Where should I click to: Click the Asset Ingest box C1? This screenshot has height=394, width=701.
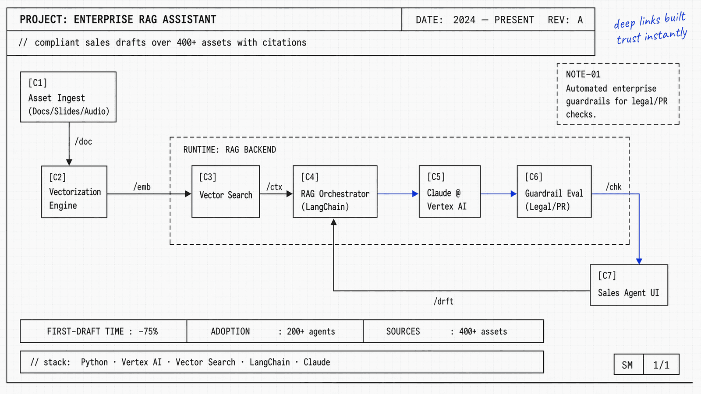click(x=68, y=97)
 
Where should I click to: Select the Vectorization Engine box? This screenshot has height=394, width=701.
click(x=74, y=192)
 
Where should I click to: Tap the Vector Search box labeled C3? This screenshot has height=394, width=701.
click(x=226, y=192)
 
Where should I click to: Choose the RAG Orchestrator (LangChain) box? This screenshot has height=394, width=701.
click(x=335, y=192)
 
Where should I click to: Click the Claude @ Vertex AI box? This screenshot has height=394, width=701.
click(x=450, y=192)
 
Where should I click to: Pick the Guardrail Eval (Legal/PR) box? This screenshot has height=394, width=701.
click(x=554, y=192)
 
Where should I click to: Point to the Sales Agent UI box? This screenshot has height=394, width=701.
click(x=629, y=285)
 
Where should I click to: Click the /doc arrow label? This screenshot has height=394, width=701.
click(x=83, y=141)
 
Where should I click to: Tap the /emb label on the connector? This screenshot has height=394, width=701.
click(x=142, y=187)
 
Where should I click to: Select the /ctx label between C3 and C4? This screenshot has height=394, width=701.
click(x=275, y=187)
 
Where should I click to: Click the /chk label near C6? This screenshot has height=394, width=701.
click(x=613, y=187)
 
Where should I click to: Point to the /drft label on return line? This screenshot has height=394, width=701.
click(x=443, y=301)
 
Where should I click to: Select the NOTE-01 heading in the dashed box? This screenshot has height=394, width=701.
click(x=583, y=74)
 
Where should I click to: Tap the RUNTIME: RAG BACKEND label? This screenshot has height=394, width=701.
click(x=230, y=150)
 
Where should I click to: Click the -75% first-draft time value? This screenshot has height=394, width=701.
click(x=148, y=331)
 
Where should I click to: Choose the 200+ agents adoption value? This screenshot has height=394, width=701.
click(x=311, y=331)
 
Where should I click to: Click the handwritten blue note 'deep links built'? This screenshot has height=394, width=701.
click(x=650, y=20)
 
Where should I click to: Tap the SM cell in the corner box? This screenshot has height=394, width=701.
click(x=627, y=365)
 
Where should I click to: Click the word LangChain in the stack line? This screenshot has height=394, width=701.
click(x=269, y=362)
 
